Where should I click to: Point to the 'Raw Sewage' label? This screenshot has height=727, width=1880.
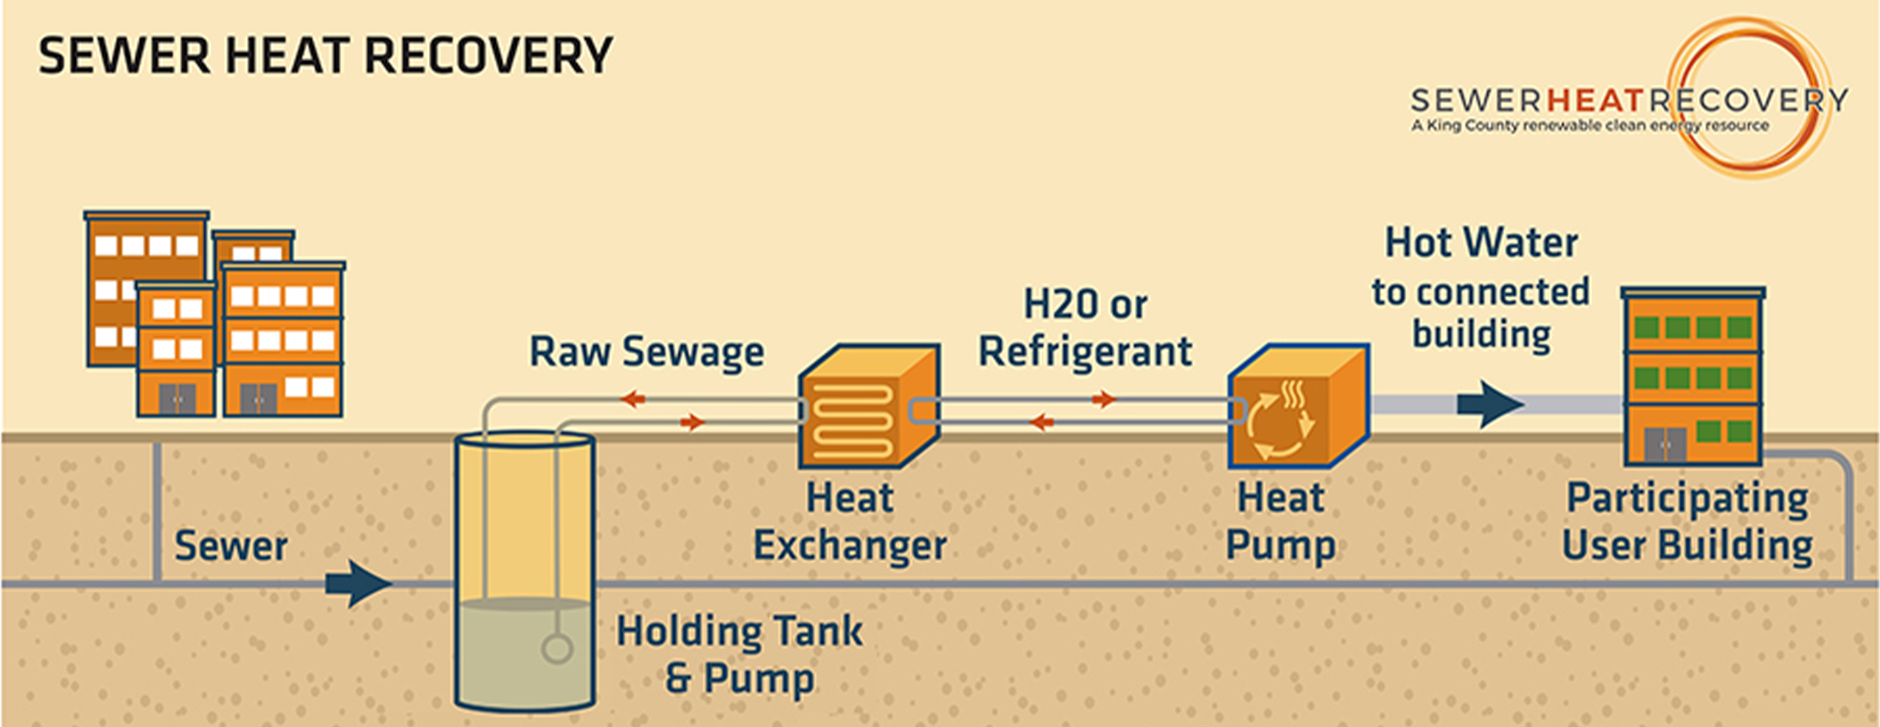coord(646,352)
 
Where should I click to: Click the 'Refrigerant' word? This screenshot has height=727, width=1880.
coord(1084,352)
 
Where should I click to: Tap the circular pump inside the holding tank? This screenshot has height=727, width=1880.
coord(556,649)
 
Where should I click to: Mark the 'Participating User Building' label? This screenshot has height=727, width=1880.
coord(1687,521)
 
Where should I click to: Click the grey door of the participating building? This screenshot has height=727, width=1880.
coord(1665,445)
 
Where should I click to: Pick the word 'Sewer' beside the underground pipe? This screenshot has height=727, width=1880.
coord(231,546)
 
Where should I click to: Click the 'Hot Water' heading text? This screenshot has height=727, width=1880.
coord(1481,243)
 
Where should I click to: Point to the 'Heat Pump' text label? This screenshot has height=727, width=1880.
coord(1280,521)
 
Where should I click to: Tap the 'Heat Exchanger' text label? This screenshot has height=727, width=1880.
coord(850,521)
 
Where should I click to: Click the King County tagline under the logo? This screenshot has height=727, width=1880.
coord(1590,126)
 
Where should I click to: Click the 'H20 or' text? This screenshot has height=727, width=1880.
coord(1085,305)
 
